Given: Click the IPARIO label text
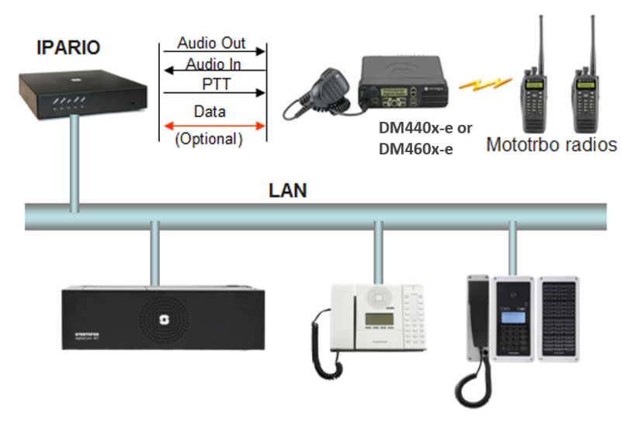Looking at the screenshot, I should coord(68,48).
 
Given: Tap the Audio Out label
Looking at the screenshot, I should coord(211,43).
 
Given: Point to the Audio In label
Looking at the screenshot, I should coord(211,63).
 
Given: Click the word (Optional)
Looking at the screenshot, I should coord(210,140).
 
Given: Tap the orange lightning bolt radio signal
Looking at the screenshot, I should coord(484,82).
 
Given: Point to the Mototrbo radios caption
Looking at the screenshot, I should coord(552,144).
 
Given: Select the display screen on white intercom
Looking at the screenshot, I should coord(375,320).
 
